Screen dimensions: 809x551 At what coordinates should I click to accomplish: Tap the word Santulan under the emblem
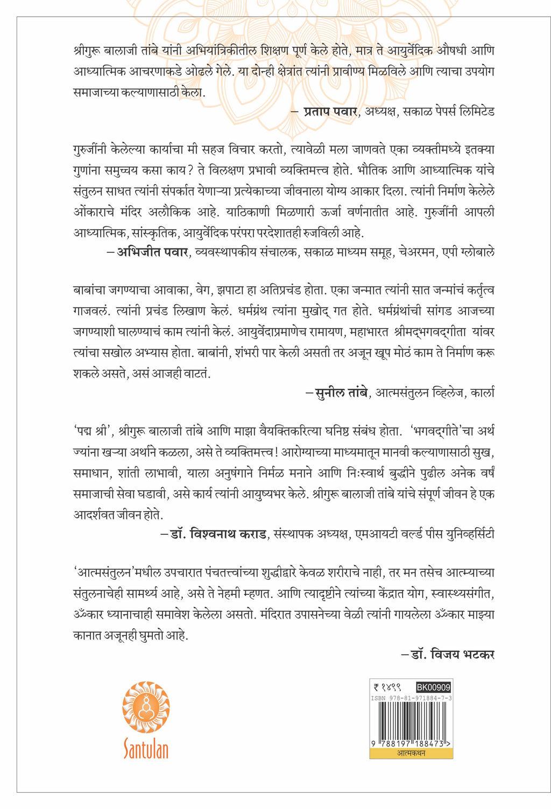tap(146, 749)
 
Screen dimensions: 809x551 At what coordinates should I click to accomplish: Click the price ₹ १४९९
tap(387, 687)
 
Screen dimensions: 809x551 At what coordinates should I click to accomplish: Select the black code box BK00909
tap(433, 687)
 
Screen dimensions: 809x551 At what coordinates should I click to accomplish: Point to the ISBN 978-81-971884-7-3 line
tap(411, 698)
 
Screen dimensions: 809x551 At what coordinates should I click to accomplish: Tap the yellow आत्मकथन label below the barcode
tap(411, 753)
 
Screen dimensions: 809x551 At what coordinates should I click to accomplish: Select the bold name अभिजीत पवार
tap(152, 252)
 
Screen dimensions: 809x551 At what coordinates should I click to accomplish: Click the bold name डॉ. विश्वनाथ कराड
tap(217, 535)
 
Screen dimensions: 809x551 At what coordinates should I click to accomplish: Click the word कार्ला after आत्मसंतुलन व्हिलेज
tap(483, 393)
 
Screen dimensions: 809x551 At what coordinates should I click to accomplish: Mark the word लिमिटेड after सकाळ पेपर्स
tap(475, 112)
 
